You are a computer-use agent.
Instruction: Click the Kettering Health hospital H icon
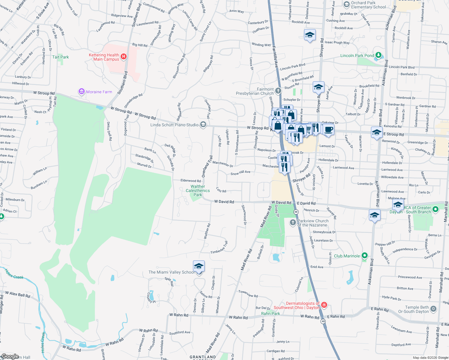coord(123,56)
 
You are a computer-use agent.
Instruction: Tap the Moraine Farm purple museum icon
coord(81,91)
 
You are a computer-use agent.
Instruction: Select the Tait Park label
coord(60,57)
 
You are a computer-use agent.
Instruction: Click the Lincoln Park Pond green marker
coord(378,55)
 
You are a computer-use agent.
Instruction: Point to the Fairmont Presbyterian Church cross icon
coord(278,91)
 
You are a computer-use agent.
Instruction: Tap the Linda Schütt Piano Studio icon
coord(203,124)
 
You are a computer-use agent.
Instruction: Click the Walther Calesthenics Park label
coord(198,190)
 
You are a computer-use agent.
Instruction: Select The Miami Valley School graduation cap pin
coord(199,266)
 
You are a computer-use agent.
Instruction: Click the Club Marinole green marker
coord(365,256)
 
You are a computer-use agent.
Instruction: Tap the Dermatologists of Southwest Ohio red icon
coord(324,305)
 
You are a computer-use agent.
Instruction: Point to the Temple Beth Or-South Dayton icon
coord(433,309)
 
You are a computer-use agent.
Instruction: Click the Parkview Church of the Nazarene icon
coord(293,222)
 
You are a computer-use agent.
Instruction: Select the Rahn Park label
coord(270,313)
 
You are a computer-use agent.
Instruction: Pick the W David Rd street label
coord(224,202)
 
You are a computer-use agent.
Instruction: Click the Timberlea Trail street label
coord(219,248)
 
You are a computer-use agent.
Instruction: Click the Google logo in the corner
coord(10,356)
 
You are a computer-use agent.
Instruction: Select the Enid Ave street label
coord(317,267)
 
